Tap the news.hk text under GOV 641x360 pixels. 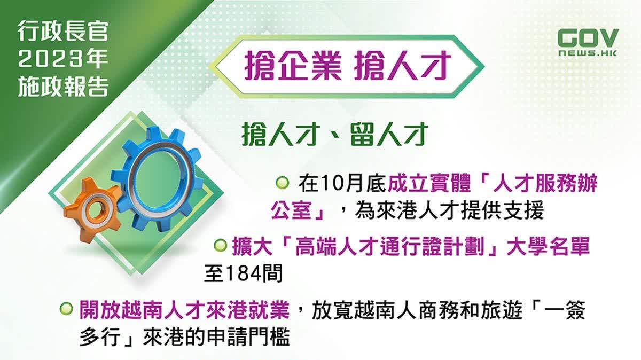588,53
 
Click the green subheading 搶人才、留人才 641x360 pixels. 335,135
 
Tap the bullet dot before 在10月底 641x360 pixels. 283,182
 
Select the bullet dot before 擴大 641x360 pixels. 220,245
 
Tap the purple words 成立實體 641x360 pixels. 429,183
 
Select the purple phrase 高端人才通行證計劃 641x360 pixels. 392,246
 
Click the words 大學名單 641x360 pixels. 548,246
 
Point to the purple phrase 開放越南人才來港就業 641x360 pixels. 184,310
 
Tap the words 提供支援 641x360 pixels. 502,212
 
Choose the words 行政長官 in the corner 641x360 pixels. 62,32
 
